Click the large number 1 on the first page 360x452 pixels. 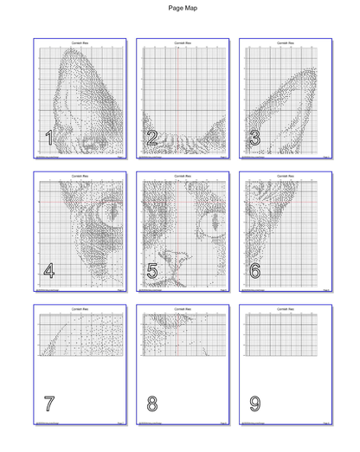[x=49, y=138]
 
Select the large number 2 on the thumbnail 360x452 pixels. [x=151, y=138]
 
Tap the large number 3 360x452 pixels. [x=254, y=138]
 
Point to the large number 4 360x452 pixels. [x=49, y=270]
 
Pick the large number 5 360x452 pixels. [x=152, y=270]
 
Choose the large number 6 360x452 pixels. [x=254, y=270]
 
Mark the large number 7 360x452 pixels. [x=49, y=403]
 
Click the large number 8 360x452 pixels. [x=152, y=403]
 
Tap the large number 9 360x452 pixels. [x=254, y=403]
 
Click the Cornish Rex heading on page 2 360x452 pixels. [x=183, y=42]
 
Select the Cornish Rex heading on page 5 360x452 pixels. [x=183, y=176]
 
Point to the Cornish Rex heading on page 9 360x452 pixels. [x=285, y=308]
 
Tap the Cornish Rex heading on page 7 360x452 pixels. [x=80, y=308]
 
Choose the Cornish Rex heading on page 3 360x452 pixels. [x=285, y=42]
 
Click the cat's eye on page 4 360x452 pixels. [x=108, y=210]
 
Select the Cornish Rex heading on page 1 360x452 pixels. [x=80, y=42]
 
